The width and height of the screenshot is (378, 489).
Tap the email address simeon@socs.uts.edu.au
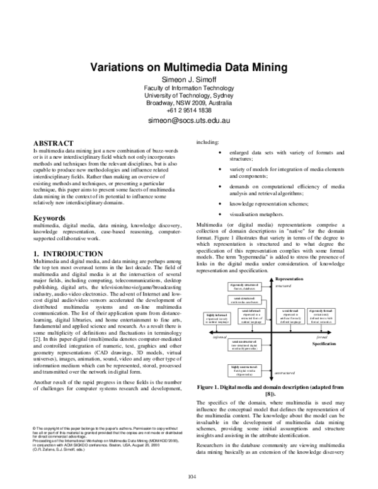[x=188, y=118]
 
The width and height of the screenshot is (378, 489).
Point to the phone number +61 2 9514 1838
[x=188, y=108]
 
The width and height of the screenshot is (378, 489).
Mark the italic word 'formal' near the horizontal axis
[x=322, y=338]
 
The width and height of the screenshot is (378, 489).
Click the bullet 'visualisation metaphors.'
[x=253, y=216]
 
